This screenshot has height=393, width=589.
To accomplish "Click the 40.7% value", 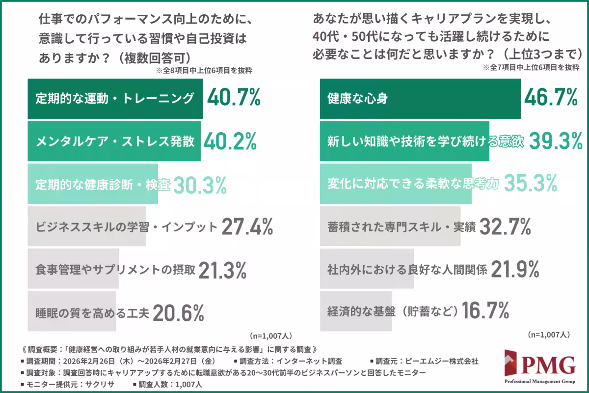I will pyautogui.click(x=233, y=99).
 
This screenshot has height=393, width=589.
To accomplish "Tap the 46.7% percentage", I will pyautogui.click(x=550, y=99).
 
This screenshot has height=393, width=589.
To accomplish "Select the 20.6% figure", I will pyautogui.click(x=178, y=312).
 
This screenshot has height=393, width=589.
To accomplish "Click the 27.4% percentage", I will pyautogui.click(x=247, y=227).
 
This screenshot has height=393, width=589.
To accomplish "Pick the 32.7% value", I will pyautogui.click(x=505, y=227).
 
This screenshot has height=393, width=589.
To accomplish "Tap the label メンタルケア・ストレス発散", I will pyautogui.click(x=115, y=142).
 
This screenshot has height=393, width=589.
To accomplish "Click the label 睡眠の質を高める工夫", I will pyautogui.click(x=92, y=312).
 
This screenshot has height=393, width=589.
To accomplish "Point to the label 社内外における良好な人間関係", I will pyautogui.click(x=407, y=270).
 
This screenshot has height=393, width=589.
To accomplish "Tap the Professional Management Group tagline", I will pyautogui.click(x=540, y=382).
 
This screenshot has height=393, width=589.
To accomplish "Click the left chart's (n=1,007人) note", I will pyautogui.click(x=271, y=336).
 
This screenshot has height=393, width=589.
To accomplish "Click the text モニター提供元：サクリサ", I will pyautogui.click(x=69, y=385).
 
